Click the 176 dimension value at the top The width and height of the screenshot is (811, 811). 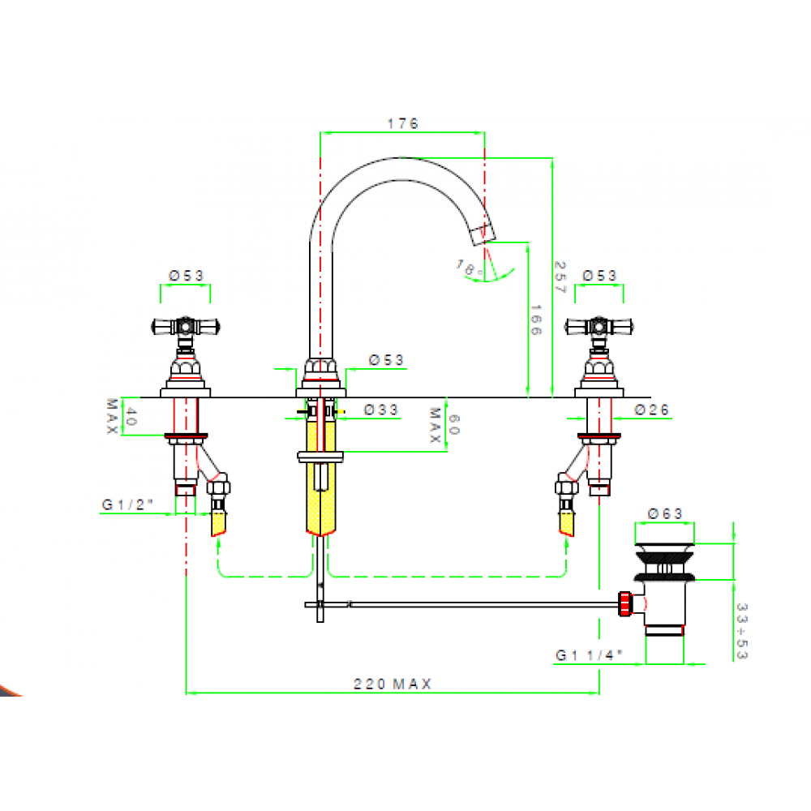click(402, 123)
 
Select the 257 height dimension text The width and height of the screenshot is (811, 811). click(560, 277)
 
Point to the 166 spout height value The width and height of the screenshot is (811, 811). click(536, 320)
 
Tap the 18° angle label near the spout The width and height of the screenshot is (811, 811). click(469, 268)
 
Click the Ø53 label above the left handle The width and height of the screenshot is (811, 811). click(187, 276)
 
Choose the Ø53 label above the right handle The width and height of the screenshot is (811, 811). click(599, 276)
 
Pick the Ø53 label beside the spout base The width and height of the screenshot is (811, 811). click(386, 360)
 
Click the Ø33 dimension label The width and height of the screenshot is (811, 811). click(380, 410)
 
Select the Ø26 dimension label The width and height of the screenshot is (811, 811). click(652, 410)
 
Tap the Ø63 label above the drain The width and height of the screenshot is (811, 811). click(665, 513)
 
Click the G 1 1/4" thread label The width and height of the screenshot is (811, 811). click(589, 655)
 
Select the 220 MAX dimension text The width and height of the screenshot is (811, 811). click(392, 684)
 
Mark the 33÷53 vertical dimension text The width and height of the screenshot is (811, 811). click(742, 631)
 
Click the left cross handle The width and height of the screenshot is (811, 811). click(186, 326)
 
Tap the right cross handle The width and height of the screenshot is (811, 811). click(599, 326)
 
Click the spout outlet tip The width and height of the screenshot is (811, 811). click(484, 235)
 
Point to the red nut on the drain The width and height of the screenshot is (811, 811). click(625, 603)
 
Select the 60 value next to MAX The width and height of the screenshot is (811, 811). click(453, 425)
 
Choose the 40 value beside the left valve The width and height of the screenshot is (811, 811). click(131, 416)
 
